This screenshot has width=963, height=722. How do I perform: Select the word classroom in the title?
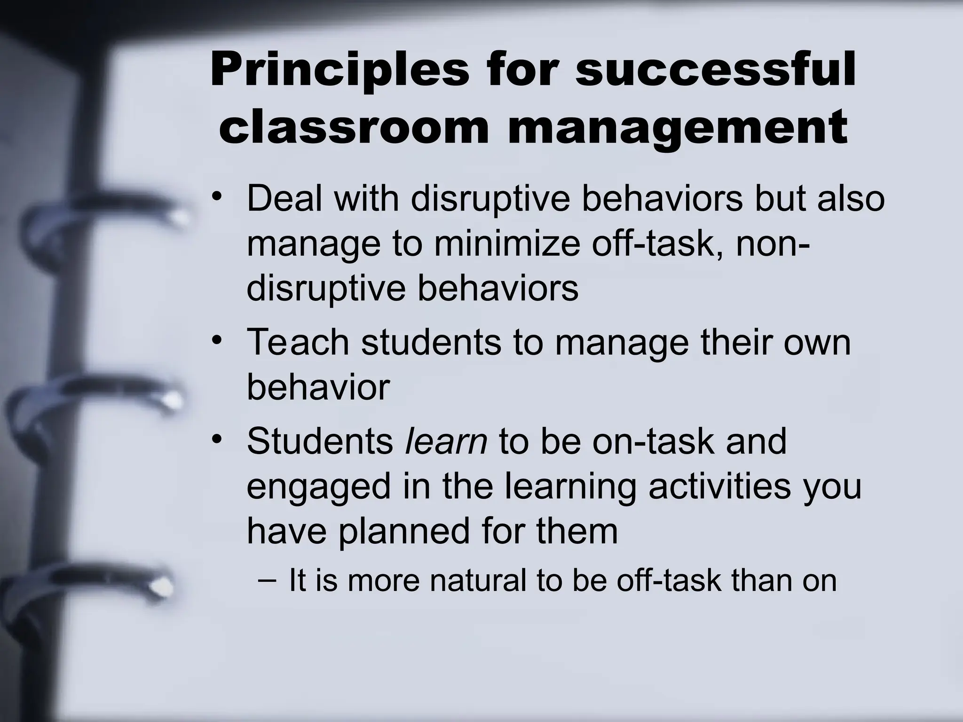click(354, 127)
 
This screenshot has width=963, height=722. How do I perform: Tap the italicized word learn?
click(446, 441)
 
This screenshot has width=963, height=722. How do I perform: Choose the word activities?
click(719, 486)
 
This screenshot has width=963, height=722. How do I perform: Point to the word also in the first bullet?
click(851, 198)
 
